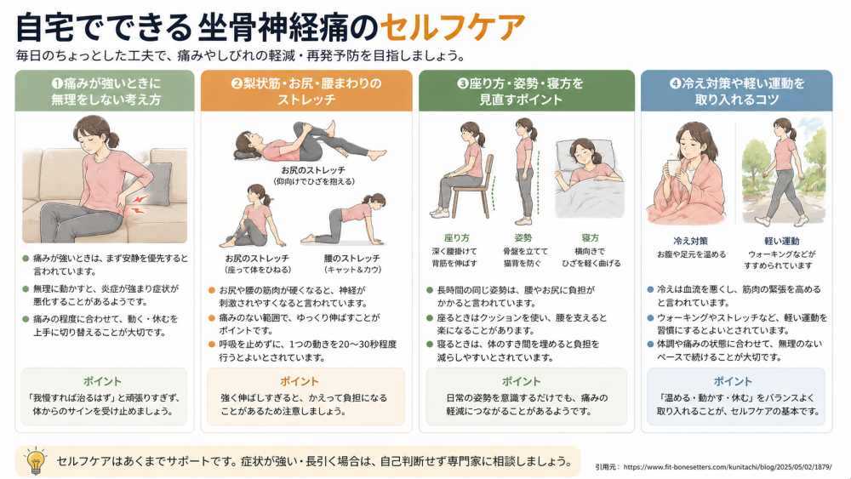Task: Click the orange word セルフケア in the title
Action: coord(452,27)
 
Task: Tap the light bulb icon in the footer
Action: coord(36,460)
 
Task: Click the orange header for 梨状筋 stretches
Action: coord(306,90)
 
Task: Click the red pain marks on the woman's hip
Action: coord(139,204)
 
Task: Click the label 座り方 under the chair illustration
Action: coord(456,237)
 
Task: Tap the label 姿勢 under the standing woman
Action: coord(523,237)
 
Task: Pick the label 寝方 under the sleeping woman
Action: coord(590,237)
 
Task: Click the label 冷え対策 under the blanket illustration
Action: coord(690,241)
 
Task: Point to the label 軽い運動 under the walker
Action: coord(781,241)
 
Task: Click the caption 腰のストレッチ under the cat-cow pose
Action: coord(352,258)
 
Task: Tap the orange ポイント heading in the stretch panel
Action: coord(299,381)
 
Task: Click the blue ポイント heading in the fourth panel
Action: coord(733,381)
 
